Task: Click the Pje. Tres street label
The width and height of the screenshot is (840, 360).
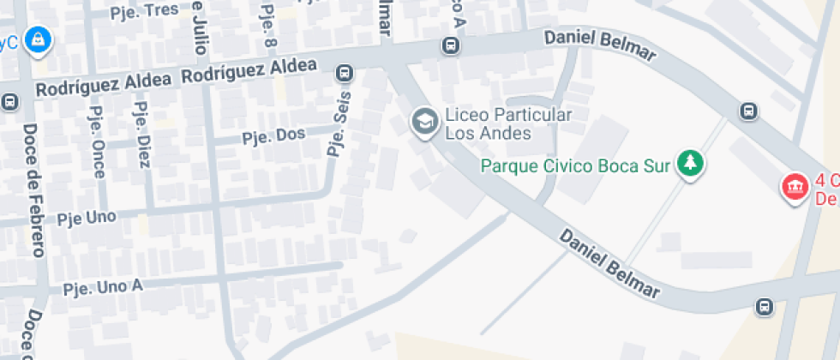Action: pos(145,11)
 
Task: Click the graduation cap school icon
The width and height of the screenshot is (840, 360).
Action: pos(423,123)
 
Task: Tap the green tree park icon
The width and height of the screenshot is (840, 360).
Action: pos(689,163)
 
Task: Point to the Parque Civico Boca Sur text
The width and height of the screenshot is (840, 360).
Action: pos(574,165)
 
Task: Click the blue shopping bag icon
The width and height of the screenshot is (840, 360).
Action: pos(38,39)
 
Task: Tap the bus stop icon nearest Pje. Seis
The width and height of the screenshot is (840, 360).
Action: pos(345,74)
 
